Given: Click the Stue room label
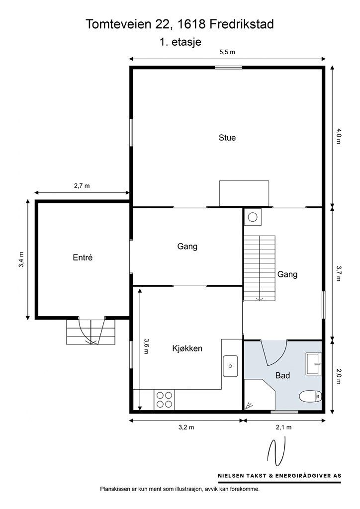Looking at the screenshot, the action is [227, 138].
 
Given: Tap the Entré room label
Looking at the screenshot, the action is [83, 257].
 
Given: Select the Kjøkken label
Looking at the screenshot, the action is [187, 348].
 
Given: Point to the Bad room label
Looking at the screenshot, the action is [282, 376].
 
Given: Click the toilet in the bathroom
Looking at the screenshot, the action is [310, 396].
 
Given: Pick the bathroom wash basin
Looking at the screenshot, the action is [313, 364].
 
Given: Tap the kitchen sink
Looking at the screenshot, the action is [230, 366].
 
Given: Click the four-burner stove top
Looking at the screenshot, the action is [164, 400].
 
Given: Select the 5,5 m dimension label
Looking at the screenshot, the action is [227, 52].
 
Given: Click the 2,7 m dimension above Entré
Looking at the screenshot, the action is [82, 186].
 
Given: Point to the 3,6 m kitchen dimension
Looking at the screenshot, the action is [146, 346].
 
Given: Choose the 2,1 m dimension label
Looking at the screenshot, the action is [284, 427].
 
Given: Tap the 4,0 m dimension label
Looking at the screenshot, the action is [339, 136].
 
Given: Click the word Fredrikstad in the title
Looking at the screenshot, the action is [242, 24].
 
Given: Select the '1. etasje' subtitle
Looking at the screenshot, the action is [180, 42].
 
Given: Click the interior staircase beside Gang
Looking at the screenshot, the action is [260, 268].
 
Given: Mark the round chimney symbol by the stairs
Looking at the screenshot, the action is [252, 217].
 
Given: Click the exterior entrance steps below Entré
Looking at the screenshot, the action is [91, 332].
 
